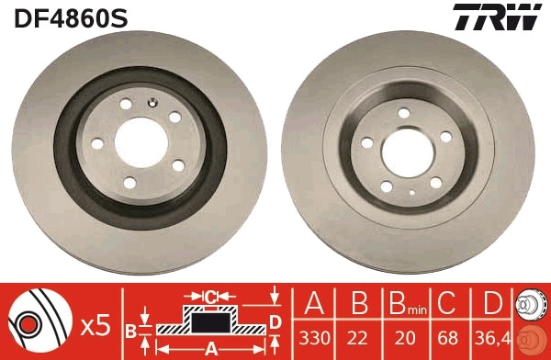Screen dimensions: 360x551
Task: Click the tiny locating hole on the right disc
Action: point(410,192)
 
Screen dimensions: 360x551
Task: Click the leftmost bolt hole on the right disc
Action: point(367,142)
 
